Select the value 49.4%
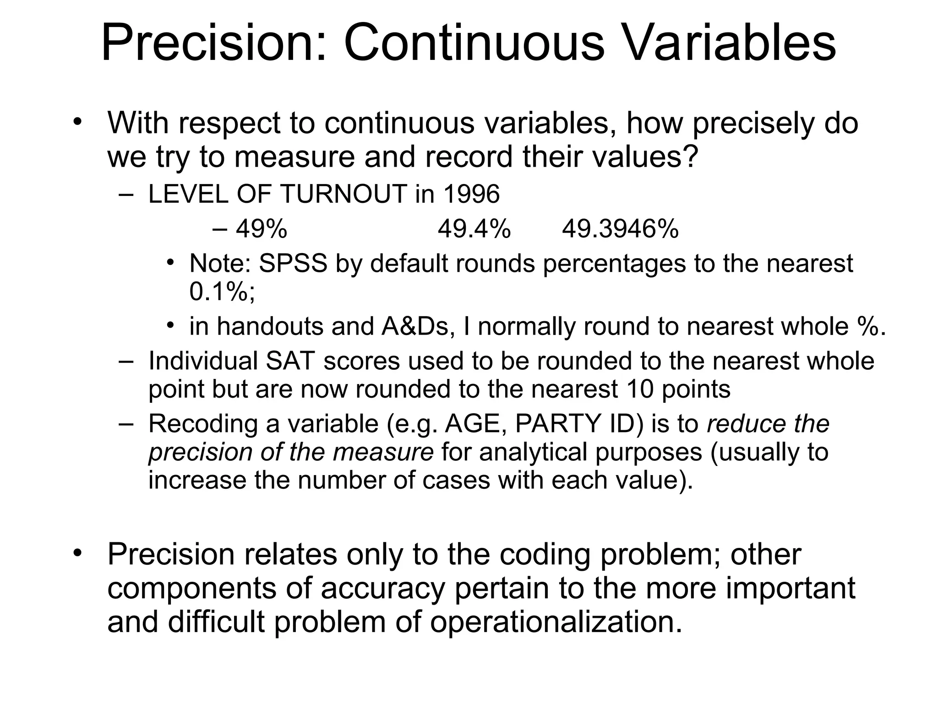pyautogui.click(x=474, y=229)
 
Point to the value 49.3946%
pyautogui.click(x=620, y=229)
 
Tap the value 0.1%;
pyautogui.click(x=222, y=292)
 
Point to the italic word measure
pyautogui.click(x=383, y=452)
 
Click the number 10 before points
pyautogui.click(x=640, y=389)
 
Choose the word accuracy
pyautogui.click(x=383, y=589)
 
